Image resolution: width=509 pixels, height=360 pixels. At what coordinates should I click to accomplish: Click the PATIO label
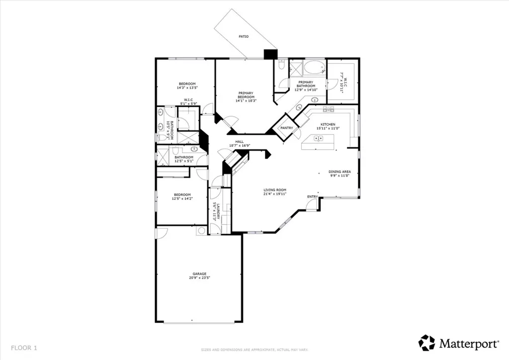click(243, 36)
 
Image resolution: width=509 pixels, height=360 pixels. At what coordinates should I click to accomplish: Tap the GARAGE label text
click(200, 273)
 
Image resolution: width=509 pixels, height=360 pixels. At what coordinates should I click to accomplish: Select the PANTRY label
click(286, 128)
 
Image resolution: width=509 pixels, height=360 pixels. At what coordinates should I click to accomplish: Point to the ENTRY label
click(312, 196)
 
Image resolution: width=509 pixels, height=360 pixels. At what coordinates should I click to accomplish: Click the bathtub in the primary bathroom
click(315, 68)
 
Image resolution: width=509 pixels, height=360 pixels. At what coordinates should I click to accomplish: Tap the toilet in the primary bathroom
click(281, 65)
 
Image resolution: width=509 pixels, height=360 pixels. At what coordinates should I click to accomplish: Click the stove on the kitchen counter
click(329, 109)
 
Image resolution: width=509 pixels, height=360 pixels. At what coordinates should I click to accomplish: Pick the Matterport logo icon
click(426, 343)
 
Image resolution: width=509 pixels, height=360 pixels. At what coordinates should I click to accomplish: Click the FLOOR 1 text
click(24, 347)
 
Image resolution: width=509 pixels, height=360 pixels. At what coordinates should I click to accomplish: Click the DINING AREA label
click(339, 172)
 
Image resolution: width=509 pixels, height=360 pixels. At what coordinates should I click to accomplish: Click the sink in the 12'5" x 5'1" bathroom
click(193, 149)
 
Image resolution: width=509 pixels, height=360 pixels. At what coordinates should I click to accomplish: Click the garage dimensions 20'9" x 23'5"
click(200, 278)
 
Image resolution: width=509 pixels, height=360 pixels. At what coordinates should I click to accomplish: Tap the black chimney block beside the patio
click(270, 54)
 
